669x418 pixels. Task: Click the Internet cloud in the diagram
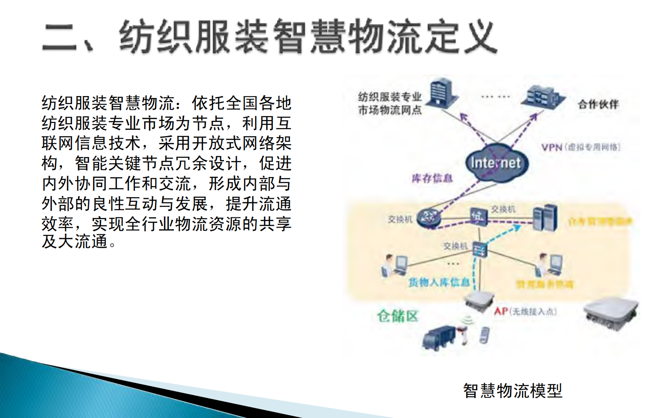tap(495, 163)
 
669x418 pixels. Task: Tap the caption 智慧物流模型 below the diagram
tap(512, 391)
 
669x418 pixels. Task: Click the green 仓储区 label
tap(397, 316)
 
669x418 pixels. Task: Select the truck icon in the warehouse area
tap(438, 337)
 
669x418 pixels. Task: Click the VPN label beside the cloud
tap(552, 147)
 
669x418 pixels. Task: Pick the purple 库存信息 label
tap(432, 178)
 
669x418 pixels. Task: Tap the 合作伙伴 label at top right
tap(598, 104)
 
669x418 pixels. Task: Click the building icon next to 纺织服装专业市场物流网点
tap(443, 92)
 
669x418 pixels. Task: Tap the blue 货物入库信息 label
tap(439, 282)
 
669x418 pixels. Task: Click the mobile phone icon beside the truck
tap(484, 335)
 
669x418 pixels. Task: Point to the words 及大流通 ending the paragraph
tap(74, 242)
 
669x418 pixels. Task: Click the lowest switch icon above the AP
tap(480, 249)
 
